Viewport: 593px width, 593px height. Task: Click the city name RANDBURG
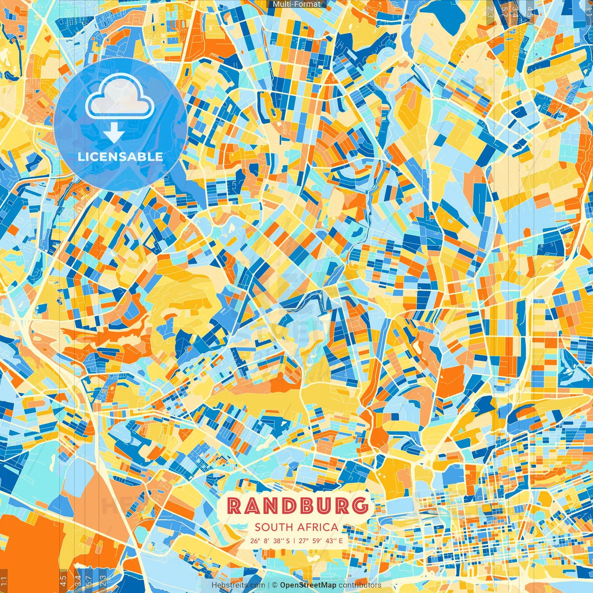click(297, 506)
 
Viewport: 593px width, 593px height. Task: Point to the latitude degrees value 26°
click(255, 541)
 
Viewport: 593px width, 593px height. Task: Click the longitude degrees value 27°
click(304, 541)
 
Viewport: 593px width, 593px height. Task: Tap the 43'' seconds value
click(332, 541)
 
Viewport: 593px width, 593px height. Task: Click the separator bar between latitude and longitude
click(294, 541)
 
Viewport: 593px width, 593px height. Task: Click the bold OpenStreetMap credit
click(308, 585)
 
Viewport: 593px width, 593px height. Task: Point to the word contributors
click(360, 585)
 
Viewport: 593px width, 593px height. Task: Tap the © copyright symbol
click(274, 585)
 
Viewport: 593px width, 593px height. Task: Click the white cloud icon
click(120, 98)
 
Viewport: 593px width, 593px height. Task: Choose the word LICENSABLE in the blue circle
click(120, 157)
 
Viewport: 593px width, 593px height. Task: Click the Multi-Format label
click(296, 4)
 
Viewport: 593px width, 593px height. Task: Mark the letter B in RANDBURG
click(305, 506)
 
